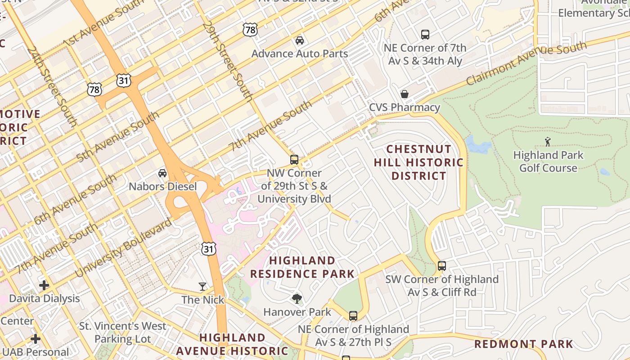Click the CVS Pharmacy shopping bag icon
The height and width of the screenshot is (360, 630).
coord(405,94)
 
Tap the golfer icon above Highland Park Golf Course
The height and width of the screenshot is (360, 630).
coord(548,142)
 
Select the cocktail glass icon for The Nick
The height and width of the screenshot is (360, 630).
coord(202,286)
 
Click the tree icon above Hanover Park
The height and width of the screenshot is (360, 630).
coord(297,298)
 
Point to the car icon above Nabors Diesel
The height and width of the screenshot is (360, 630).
coord(162,173)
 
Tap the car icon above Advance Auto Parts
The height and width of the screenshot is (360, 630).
coord(299,40)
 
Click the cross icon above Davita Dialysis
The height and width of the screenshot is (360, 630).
coord(44,285)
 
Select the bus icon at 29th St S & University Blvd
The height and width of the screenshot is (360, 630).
coord(294,160)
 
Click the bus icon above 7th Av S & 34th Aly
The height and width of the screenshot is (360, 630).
coord(425,34)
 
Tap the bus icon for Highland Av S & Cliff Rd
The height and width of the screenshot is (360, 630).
coord(442,266)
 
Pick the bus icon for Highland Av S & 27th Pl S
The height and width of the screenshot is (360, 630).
coord(353,316)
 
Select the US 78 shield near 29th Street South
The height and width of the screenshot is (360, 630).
coord(250,30)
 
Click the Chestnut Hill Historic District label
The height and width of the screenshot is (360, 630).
coord(418,162)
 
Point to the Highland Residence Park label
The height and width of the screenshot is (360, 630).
coord(302,267)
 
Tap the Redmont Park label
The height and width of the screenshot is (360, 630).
coord(524,344)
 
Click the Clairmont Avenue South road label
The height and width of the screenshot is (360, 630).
coord(526,63)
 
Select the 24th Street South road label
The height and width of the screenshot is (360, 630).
coord(52,85)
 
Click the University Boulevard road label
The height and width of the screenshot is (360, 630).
coord(124,247)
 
